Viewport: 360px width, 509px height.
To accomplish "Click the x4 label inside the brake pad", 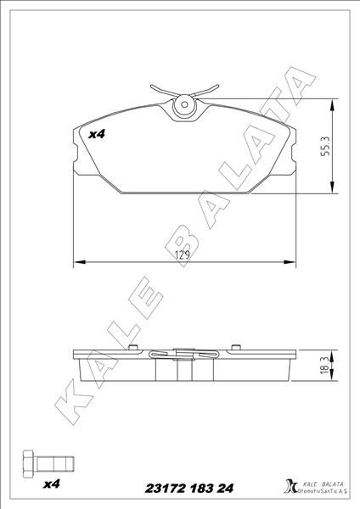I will [x=97, y=133].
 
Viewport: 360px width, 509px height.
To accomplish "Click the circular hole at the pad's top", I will [x=183, y=108].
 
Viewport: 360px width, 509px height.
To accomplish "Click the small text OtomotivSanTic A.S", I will [x=322, y=492].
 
